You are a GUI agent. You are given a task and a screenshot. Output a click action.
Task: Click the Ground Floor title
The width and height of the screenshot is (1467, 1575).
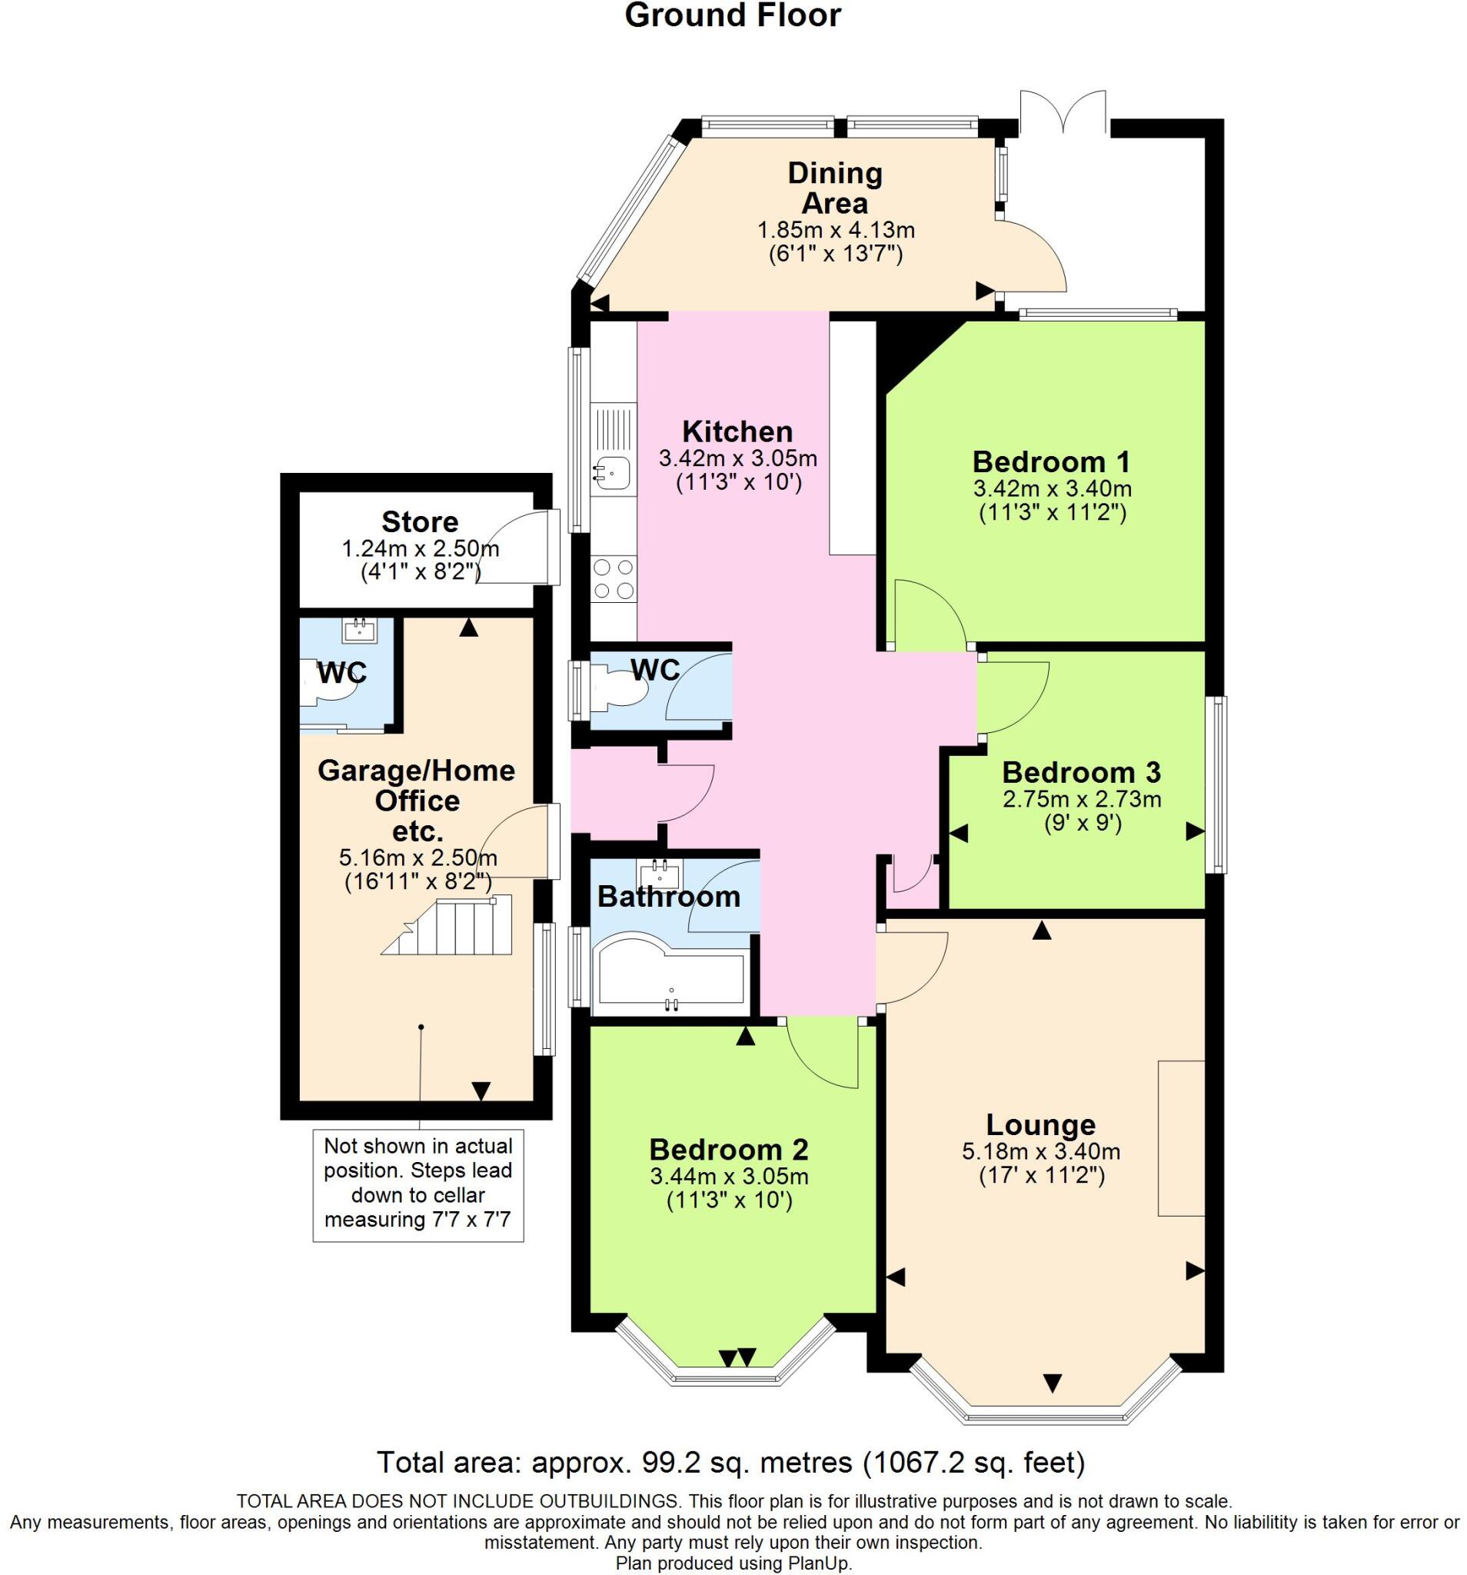tap(732, 16)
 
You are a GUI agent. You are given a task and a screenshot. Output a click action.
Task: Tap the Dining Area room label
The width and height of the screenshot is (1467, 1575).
tap(834, 188)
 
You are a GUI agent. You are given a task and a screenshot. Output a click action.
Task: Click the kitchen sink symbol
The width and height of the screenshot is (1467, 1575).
tap(610, 474)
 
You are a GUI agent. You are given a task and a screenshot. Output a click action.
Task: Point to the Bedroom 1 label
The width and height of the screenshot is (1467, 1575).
tap(1050, 461)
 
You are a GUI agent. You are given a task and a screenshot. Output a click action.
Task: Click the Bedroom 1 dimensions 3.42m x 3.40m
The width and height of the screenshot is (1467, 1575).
tap(1052, 488)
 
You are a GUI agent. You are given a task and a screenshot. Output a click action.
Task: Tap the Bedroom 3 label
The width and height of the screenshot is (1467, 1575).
tap(1080, 771)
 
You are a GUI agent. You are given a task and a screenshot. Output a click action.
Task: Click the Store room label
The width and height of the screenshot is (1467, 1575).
tap(420, 522)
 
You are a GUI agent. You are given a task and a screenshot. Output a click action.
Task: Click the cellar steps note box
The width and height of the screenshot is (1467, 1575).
tap(417, 1184)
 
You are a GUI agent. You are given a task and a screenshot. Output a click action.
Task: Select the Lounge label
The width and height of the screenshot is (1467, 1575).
tap(1040, 1124)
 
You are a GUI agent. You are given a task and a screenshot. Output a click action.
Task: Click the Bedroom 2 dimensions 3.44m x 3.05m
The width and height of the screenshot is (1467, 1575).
tap(729, 1177)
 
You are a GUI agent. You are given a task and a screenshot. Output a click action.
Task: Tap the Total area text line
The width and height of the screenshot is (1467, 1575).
tap(730, 1462)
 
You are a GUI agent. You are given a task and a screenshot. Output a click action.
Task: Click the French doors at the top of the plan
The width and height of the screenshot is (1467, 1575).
tap(1062, 111)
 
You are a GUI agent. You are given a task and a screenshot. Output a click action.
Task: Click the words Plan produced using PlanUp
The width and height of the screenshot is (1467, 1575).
tap(733, 1563)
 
